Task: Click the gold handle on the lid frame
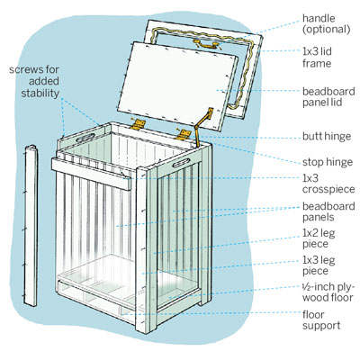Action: coord(207,44)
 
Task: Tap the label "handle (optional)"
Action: coord(327,23)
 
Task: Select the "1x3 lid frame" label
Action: coord(317,58)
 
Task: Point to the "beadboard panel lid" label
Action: coord(328,96)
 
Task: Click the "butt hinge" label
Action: coord(327,136)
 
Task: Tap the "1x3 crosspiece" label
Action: coord(328,184)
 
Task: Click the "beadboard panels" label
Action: coord(328,211)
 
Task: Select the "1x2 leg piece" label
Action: coord(319,238)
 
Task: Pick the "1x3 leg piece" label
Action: coord(319,265)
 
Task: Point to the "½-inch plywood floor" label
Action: coord(328,292)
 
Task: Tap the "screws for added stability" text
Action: coord(34,81)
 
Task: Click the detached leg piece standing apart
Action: coord(31,225)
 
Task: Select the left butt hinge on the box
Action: coord(138,123)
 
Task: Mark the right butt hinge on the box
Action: coord(184,134)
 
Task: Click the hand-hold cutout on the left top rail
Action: coord(86,138)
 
